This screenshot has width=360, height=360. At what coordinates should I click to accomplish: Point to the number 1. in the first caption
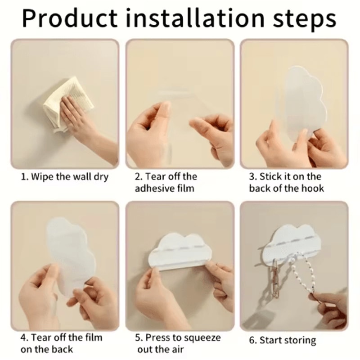click(25, 177)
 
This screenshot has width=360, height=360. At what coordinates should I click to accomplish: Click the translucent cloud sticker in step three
click(303, 101)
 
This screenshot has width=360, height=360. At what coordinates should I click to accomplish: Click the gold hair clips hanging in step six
click(275, 279)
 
